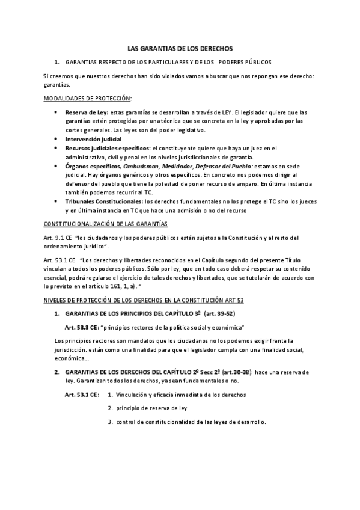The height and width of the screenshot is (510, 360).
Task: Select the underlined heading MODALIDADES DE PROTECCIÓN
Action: tap(88, 98)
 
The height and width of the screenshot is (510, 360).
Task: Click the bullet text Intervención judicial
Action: tap(93, 139)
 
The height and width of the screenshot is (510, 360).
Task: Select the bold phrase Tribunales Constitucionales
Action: tap(104, 201)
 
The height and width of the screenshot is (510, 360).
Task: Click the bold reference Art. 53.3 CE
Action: tap(81, 327)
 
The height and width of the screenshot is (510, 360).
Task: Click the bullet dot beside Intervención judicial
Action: tap(56, 139)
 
